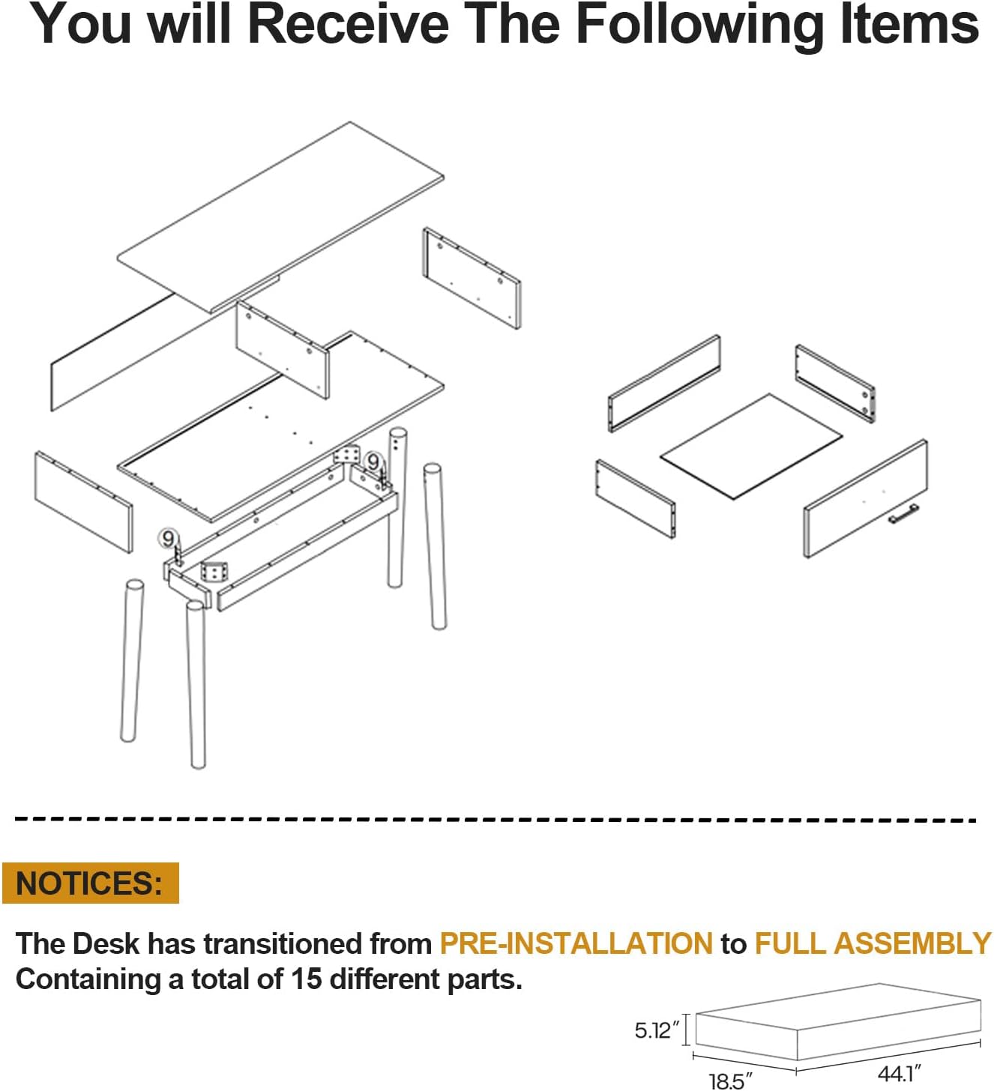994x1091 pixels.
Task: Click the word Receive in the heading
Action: pyautogui.click(x=349, y=25)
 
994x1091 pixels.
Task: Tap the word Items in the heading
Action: pyautogui.click(x=909, y=25)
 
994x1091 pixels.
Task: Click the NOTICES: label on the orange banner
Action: pyautogui.click(x=89, y=883)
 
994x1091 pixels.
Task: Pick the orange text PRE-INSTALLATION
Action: pyautogui.click(x=576, y=943)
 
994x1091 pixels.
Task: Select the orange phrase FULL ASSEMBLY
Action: pyautogui.click(x=873, y=943)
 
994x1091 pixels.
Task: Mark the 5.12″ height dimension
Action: pyautogui.click(x=657, y=1030)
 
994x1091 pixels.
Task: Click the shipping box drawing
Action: pyautogui.click(x=838, y=1023)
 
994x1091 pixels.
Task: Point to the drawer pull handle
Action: pyautogui.click(x=903, y=513)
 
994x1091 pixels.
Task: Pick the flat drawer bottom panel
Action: pyautogui.click(x=751, y=446)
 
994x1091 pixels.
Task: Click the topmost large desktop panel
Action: pyautogui.click(x=281, y=217)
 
